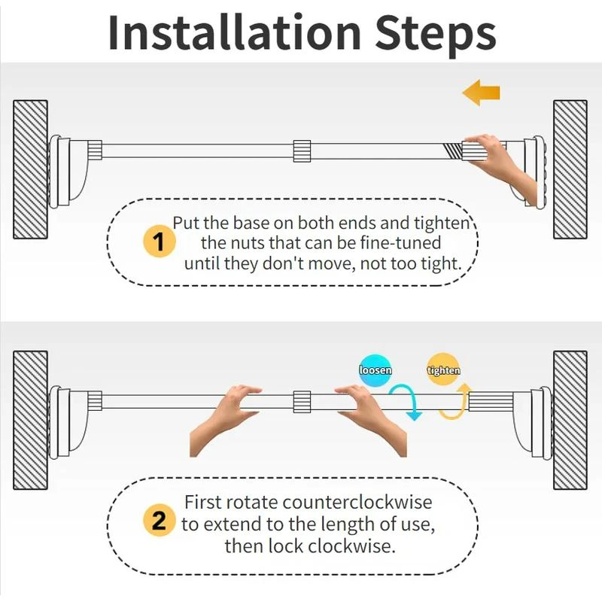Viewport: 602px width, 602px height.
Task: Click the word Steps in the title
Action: pyautogui.click(x=436, y=35)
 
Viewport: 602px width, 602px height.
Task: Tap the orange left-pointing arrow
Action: pyautogui.click(x=481, y=93)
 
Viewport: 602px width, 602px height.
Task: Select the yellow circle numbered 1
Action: pyautogui.click(x=160, y=242)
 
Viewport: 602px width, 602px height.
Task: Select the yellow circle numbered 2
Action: pyautogui.click(x=160, y=520)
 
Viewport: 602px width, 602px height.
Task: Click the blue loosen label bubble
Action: pyautogui.click(x=375, y=369)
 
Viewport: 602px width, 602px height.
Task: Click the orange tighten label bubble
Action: pyautogui.click(x=443, y=369)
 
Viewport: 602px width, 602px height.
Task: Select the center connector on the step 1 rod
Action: pyautogui.click(x=302, y=151)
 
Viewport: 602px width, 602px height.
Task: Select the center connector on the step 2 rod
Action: pyautogui.click(x=302, y=402)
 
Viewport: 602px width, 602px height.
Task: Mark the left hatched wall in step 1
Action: pyautogui.click(x=30, y=169)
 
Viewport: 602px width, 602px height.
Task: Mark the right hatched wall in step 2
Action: pyautogui.click(x=570, y=420)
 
